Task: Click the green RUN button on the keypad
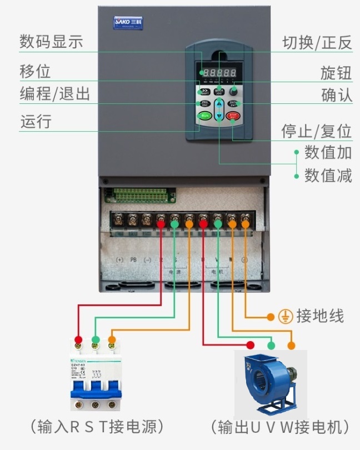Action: (204, 116)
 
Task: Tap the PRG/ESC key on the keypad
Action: (204, 104)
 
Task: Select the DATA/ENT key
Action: (234, 104)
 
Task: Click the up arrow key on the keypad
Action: (219, 104)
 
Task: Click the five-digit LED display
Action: (219, 73)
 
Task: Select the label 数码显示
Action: (51, 42)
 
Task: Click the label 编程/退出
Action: (55, 93)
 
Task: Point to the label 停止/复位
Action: (317, 132)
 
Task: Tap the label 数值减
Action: (328, 176)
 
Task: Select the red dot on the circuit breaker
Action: (78, 339)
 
